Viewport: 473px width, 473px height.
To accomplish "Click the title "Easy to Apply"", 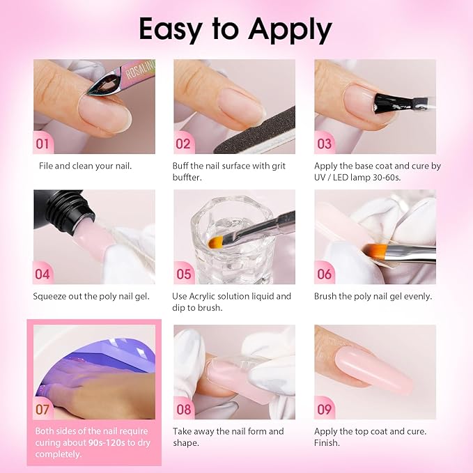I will click(x=235, y=29).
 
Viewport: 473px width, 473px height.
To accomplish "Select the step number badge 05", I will click(x=184, y=274).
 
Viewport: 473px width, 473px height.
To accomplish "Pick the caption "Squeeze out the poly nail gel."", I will click(x=91, y=296).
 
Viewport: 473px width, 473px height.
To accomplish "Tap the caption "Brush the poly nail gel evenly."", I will click(x=373, y=296).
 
